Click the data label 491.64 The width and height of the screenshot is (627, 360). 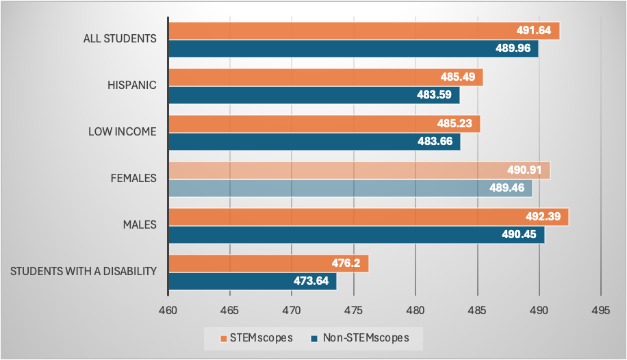tap(536, 31)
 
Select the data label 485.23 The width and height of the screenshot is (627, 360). tap(457, 124)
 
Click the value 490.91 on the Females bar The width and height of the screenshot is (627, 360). tap(527, 170)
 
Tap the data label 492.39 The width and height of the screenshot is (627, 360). tap(546, 217)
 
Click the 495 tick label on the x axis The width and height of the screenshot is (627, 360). tap(600, 309)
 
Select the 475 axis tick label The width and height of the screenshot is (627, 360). tap(353, 309)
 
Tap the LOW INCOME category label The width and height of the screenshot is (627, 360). tap(123, 132)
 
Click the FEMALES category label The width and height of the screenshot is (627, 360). tap(133, 179)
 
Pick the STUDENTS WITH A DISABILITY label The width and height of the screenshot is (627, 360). tap(84, 272)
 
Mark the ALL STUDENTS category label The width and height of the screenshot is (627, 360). tap(120, 39)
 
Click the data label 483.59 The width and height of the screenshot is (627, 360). tap(435, 95)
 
